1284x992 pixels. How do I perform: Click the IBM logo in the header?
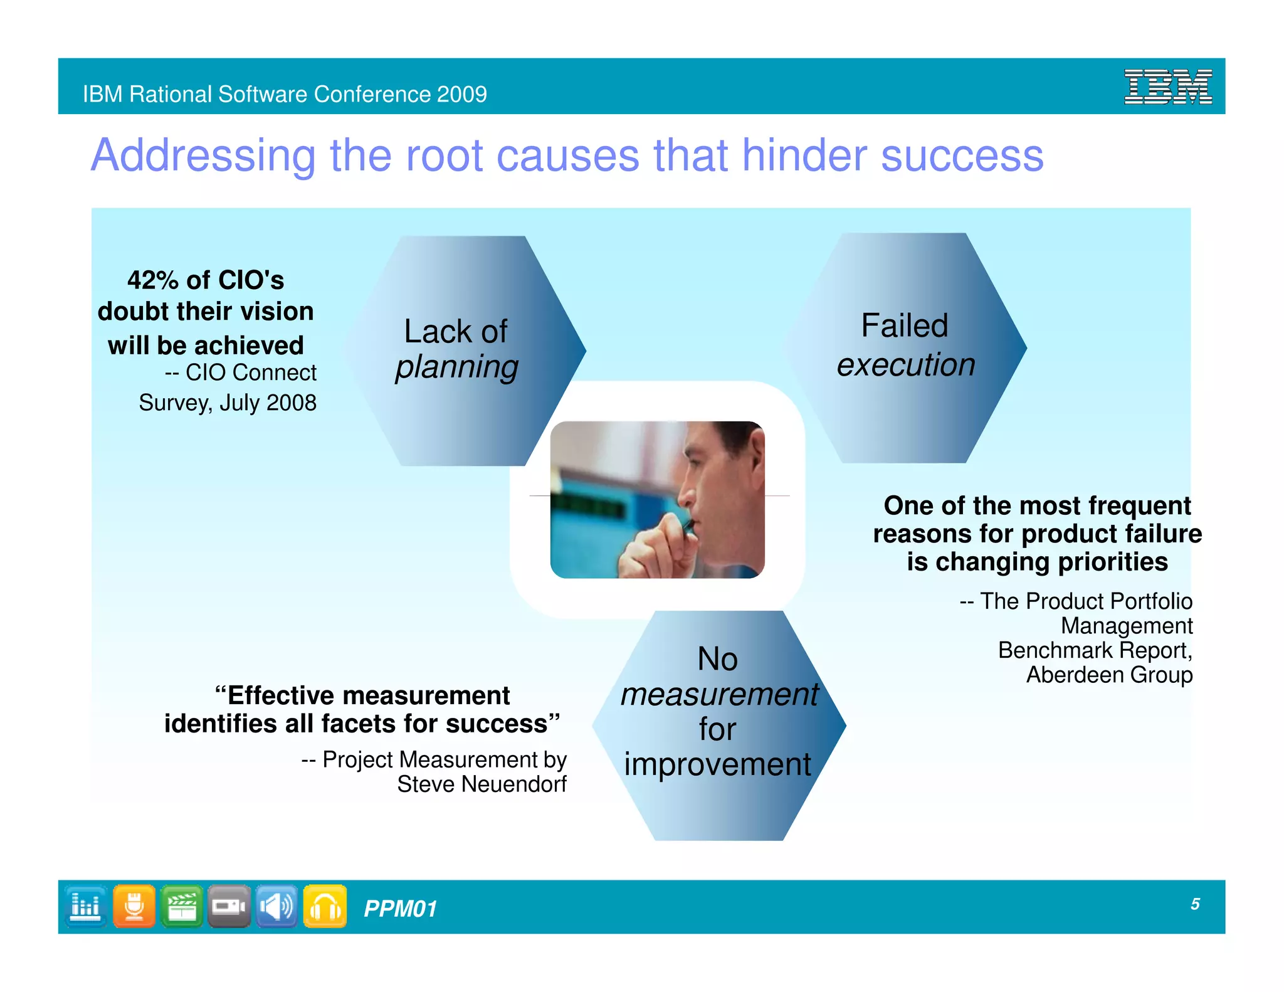[x=1167, y=87]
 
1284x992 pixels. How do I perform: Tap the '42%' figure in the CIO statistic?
[x=153, y=280]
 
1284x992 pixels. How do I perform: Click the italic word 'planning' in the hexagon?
[x=456, y=367]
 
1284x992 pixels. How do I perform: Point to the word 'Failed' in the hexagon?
[x=904, y=325]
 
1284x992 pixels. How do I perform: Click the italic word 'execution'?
[x=906, y=364]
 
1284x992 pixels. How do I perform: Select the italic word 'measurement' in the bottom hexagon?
[x=719, y=694]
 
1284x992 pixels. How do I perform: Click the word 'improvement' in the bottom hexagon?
[x=717, y=764]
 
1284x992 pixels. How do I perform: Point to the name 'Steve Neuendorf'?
[x=481, y=784]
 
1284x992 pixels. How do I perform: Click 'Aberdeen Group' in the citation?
[x=1108, y=675]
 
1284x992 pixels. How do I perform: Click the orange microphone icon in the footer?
[x=134, y=906]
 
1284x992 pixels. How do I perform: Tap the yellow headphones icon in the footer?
[x=325, y=906]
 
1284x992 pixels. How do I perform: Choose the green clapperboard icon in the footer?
[x=182, y=906]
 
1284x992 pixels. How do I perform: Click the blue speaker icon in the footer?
[x=276, y=906]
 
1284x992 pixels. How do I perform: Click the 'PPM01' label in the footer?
[x=400, y=909]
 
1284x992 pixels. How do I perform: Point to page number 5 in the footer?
[x=1195, y=904]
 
